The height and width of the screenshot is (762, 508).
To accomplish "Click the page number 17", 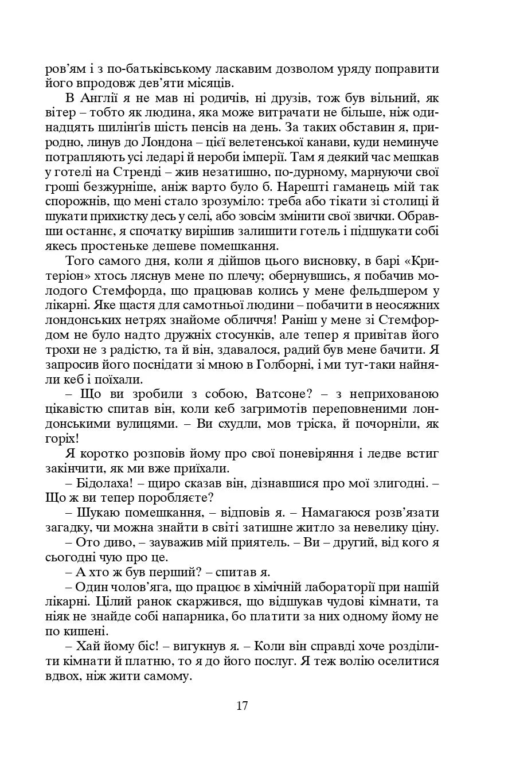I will click(241, 706).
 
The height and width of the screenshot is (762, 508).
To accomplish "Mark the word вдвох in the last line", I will click(61, 677).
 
